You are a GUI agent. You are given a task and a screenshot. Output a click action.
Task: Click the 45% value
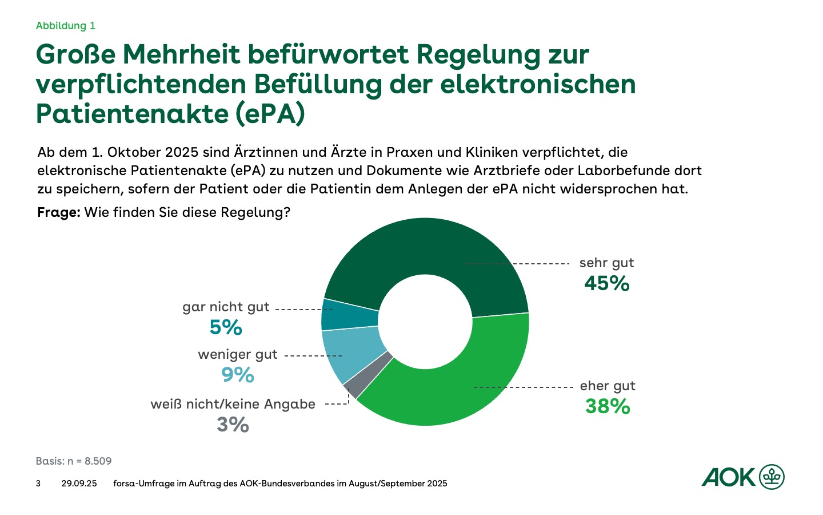pos(606,283)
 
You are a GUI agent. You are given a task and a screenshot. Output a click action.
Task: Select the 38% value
pos(608,406)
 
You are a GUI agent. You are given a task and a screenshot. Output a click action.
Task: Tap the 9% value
pos(238,375)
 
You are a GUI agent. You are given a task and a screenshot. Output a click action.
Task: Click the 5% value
pos(226,327)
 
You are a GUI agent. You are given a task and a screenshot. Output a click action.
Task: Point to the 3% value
pos(233,425)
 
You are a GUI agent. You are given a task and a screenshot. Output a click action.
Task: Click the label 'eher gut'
pos(608,386)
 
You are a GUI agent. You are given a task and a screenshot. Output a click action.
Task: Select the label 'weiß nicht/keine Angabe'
pos(233,404)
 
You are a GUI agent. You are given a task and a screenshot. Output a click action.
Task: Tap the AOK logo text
pos(728,477)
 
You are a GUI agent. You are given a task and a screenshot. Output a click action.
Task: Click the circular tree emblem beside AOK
pos(772,477)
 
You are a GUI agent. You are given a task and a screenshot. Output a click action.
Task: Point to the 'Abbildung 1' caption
pos(66,26)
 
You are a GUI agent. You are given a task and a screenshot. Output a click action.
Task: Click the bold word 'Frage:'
pos(58,212)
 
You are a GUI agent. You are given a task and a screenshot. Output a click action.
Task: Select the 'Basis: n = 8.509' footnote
pos(74,461)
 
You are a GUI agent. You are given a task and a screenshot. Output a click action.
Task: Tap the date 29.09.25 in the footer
pos(79,484)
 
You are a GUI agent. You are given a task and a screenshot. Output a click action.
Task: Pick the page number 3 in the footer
pos(38,484)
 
